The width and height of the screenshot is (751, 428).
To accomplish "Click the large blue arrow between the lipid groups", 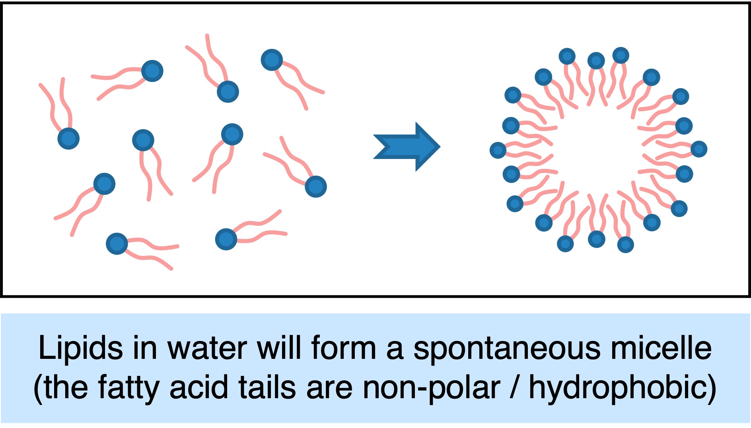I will click(x=406, y=147).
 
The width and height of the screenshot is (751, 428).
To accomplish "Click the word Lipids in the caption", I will click(x=81, y=349).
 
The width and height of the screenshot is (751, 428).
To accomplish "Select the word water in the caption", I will click(x=207, y=349).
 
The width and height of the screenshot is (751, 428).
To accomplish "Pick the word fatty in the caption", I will click(x=128, y=387).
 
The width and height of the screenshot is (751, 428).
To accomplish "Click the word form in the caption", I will click(x=344, y=349).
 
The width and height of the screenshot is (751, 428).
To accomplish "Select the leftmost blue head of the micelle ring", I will click(x=498, y=150).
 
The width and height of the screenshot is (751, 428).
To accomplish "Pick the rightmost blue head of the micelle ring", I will click(x=699, y=149).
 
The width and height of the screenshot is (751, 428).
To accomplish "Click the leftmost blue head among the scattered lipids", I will click(x=68, y=139).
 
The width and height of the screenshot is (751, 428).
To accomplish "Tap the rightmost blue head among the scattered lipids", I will click(x=316, y=186).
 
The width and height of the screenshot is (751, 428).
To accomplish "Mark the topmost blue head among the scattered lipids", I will click(x=272, y=60).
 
